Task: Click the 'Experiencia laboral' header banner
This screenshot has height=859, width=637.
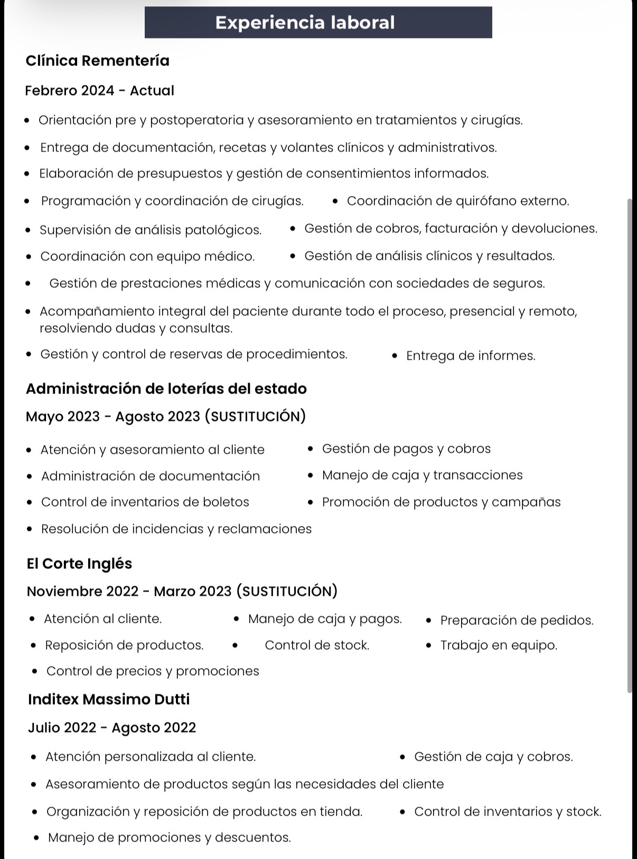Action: click(x=318, y=22)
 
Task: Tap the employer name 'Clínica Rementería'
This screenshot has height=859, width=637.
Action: click(x=98, y=61)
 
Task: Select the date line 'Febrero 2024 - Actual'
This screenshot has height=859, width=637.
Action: click(x=99, y=90)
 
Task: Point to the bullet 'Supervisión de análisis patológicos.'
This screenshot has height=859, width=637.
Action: click(x=151, y=230)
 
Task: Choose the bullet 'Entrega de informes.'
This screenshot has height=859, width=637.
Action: click(x=471, y=356)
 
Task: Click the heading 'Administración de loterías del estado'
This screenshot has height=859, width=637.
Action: click(x=166, y=389)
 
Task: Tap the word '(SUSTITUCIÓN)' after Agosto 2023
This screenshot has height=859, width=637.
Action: click(x=255, y=416)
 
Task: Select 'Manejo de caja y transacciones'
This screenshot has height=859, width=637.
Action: click(x=422, y=475)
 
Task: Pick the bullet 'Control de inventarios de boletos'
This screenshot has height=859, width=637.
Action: click(x=145, y=502)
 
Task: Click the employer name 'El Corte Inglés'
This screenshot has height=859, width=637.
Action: click(x=79, y=564)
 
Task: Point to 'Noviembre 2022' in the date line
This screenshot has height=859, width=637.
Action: click(x=82, y=591)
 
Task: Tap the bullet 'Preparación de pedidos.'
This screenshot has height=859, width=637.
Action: click(x=517, y=620)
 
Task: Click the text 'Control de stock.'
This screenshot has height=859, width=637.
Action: click(x=317, y=645)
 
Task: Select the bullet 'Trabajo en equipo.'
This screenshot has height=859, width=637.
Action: click(x=499, y=645)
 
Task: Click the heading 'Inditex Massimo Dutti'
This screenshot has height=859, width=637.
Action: click(x=109, y=699)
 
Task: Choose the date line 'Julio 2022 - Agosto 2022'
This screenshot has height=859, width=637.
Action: click(x=112, y=727)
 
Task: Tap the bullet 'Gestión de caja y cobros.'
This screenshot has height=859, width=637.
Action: click(x=493, y=757)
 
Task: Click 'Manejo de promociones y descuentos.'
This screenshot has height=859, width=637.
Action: click(x=170, y=837)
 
